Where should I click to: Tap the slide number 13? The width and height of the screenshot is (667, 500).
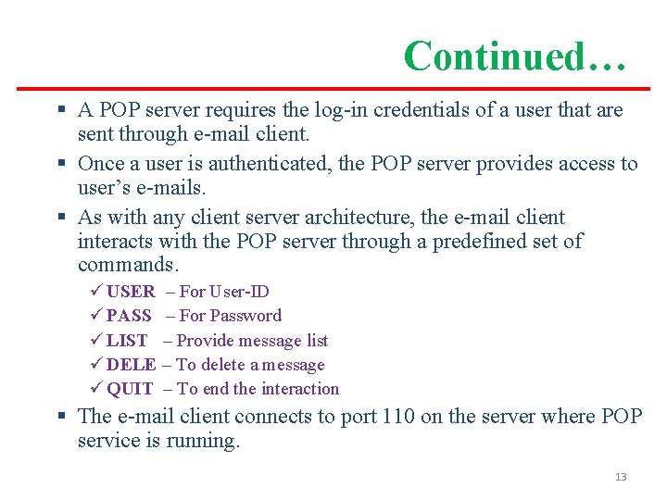tap(620, 477)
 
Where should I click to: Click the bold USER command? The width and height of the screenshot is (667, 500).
tap(131, 292)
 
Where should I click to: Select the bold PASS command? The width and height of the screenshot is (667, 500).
tap(129, 316)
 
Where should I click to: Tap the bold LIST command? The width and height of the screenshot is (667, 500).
tap(127, 341)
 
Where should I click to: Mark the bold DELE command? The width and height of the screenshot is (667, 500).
tap(131, 365)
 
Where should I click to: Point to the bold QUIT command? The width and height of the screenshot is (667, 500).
tap(130, 389)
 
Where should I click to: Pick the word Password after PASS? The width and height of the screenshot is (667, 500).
tap(246, 316)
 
